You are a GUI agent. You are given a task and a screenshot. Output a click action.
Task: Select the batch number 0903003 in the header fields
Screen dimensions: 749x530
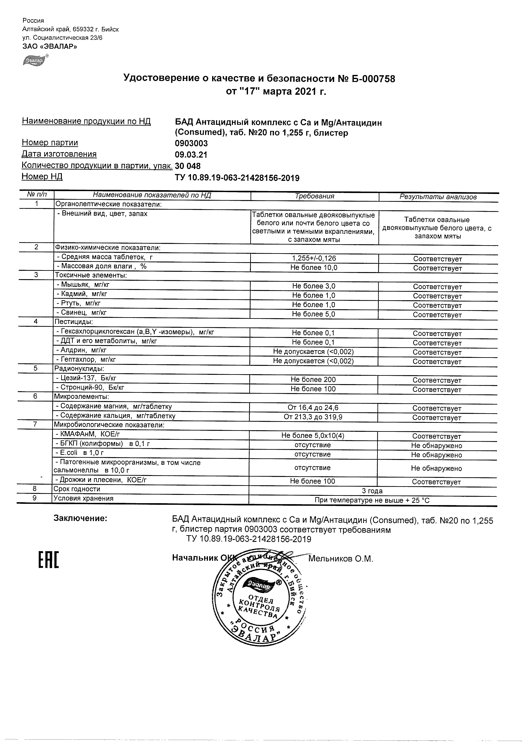click(x=191, y=143)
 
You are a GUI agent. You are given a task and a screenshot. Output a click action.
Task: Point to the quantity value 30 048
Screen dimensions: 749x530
click(x=188, y=166)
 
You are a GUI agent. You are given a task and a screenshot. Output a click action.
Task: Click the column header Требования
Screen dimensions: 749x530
click(x=314, y=197)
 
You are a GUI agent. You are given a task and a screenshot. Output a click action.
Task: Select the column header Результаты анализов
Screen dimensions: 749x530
click(x=438, y=197)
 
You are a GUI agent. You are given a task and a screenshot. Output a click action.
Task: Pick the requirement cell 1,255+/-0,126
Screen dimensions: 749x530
click(x=314, y=258)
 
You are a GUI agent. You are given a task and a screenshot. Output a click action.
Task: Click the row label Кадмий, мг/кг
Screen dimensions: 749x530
click(x=84, y=294)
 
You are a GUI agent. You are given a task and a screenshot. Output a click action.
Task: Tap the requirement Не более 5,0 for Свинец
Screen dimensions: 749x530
click(x=313, y=314)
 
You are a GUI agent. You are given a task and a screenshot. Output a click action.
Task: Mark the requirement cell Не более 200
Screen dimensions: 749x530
click(x=313, y=380)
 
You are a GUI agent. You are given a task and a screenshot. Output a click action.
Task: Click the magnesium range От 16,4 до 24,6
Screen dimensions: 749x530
click(x=313, y=408)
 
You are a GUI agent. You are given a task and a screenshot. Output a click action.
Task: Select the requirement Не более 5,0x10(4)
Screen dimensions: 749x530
click(x=312, y=436)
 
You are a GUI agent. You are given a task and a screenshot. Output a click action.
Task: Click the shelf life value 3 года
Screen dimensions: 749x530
click(x=372, y=491)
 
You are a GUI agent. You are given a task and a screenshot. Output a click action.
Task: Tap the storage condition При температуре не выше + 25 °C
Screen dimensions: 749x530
click(x=372, y=500)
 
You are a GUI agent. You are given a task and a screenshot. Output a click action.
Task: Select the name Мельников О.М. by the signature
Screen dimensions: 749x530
click(x=340, y=559)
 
